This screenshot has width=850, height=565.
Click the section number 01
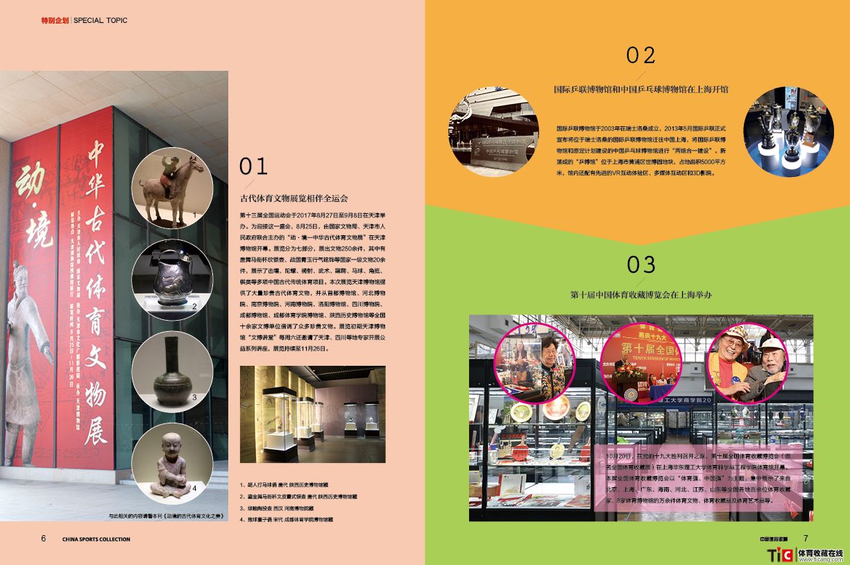click(x=253, y=166)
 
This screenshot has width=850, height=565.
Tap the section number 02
click(x=640, y=56)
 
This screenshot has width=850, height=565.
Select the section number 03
click(x=640, y=264)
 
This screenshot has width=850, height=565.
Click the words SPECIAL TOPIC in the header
click(x=101, y=20)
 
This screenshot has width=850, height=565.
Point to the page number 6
click(x=43, y=539)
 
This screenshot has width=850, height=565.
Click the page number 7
click(x=806, y=539)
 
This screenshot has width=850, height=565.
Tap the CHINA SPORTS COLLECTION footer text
click(x=96, y=539)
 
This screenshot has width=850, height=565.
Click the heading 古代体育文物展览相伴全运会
click(x=294, y=199)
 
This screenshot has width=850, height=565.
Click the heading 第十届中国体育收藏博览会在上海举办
click(x=640, y=295)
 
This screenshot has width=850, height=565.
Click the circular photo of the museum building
click(x=493, y=132)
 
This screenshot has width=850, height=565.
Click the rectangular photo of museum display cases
click(x=312, y=414)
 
